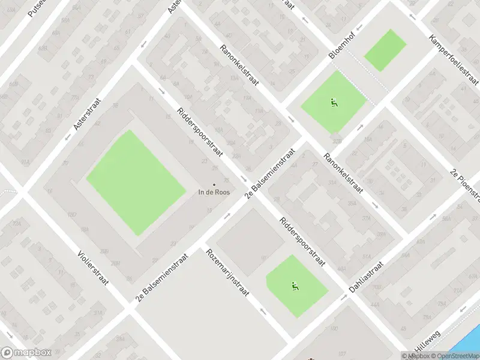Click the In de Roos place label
[214, 193]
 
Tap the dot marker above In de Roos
[214, 185]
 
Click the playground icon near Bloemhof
[334, 102]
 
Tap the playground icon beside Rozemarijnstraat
[296, 286]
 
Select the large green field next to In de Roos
[135, 182]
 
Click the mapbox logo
[26, 353]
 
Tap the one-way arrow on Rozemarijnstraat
[262, 311]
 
